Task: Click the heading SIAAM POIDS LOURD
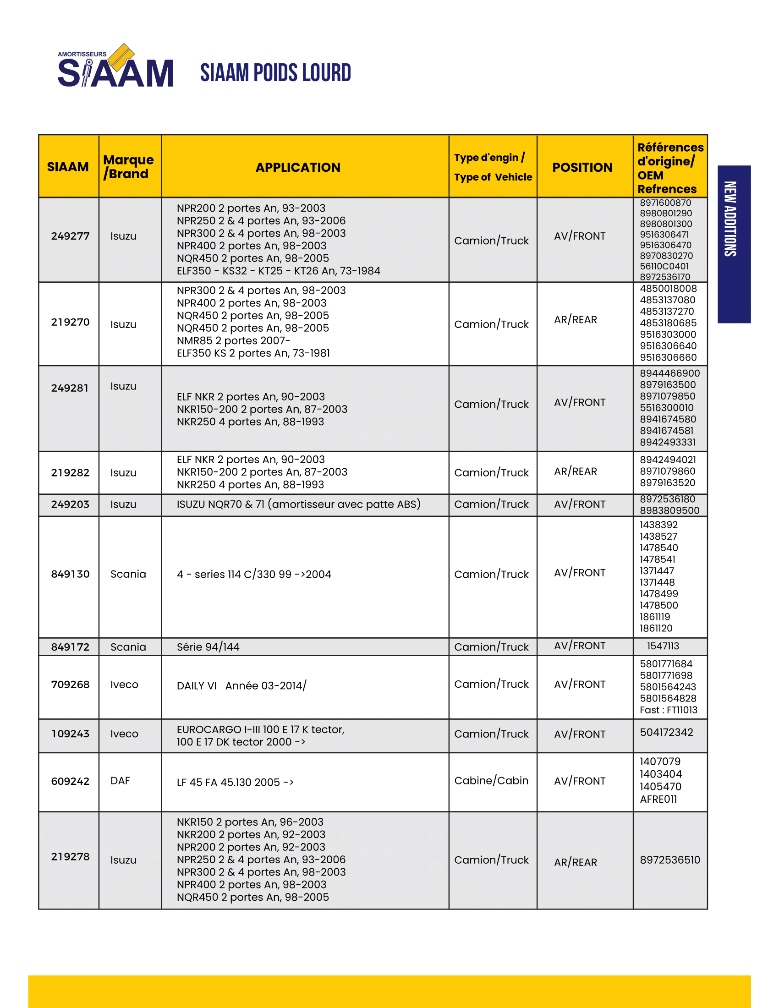click(275, 73)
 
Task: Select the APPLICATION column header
click(298, 167)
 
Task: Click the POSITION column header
click(582, 167)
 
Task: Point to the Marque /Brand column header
click(128, 167)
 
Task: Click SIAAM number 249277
click(70, 236)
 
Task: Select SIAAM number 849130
click(70, 574)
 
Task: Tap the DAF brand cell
click(121, 780)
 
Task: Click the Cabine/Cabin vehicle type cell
click(491, 780)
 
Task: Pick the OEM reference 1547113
click(663, 646)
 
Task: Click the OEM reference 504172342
click(666, 733)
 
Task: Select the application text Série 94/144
click(208, 647)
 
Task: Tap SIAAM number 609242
click(70, 781)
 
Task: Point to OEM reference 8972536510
click(669, 860)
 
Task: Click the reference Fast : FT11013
click(668, 710)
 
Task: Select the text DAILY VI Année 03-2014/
click(241, 686)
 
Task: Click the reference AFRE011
click(658, 799)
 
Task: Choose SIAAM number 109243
click(70, 734)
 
